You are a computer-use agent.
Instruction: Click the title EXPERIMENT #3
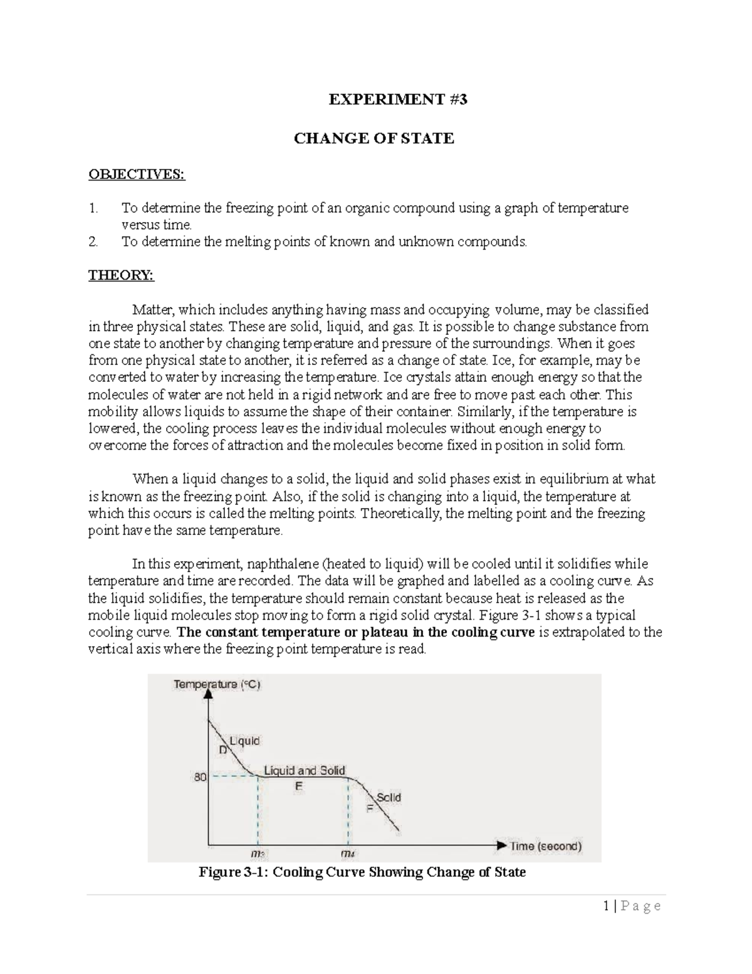pyautogui.click(x=398, y=100)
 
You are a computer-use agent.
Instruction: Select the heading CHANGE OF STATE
pyautogui.click(x=374, y=139)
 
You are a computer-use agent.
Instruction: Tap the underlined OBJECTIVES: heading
pyautogui.click(x=137, y=174)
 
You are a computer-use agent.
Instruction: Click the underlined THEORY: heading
pyautogui.click(x=121, y=275)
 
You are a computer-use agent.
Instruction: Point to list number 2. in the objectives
pyautogui.click(x=93, y=241)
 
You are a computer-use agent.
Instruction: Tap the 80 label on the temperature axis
pyautogui.click(x=200, y=777)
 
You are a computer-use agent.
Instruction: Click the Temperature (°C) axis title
pyautogui.click(x=217, y=684)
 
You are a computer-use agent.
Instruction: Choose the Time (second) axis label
pyautogui.click(x=546, y=846)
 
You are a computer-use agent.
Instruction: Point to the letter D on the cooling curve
pyautogui.click(x=222, y=749)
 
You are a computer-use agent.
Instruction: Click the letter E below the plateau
pyautogui.click(x=299, y=786)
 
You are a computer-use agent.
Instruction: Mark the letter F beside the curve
pyautogui.click(x=370, y=808)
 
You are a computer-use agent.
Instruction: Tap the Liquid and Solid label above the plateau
pyautogui.click(x=305, y=770)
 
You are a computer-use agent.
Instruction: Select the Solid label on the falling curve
pyautogui.click(x=389, y=797)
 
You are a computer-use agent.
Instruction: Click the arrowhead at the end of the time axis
pyautogui.click(x=501, y=845)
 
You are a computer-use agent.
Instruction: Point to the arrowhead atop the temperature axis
pyautogui.click(x=208, y=695)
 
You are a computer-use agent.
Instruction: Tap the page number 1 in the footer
pyautogui.click(x=606, y=906)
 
